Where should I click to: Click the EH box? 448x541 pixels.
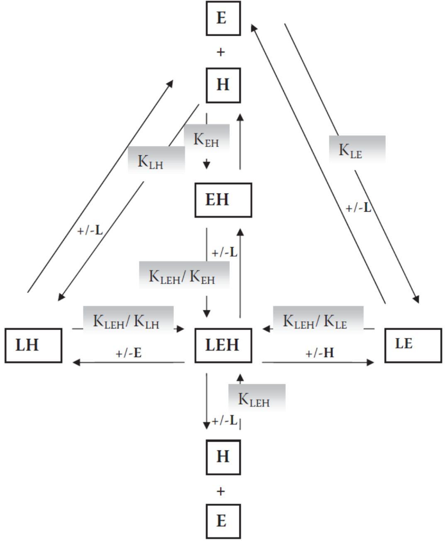coord(223,200)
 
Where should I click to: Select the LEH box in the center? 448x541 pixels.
coord(223,345)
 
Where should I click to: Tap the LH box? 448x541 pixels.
coord(33,345)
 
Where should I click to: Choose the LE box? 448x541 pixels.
coord(413,345)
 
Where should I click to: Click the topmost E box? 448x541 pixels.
coord(223,18)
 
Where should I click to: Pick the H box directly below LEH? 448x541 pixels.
coord(223,457)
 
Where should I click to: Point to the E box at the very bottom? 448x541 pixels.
coord(223,521)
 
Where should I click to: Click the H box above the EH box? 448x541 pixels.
coord(223,85)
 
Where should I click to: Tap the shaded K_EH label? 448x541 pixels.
coord(206,139)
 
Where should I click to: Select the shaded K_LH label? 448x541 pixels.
coord(156,160)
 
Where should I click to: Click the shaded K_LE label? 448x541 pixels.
coord(357,149)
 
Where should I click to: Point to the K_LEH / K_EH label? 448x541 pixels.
coord(184,275)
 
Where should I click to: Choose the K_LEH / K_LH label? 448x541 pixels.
coord(128,321)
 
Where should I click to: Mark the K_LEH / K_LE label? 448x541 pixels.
coord(318,321)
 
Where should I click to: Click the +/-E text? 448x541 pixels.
coord(129,353)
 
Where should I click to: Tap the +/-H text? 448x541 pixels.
coord(320,353)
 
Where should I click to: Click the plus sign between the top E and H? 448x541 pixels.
coord(221,52)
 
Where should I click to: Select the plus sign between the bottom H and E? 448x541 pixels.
coord(221,491)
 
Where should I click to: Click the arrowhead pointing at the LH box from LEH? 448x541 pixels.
coord(76,362)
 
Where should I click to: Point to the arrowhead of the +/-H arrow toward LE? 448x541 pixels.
coord(370,362)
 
